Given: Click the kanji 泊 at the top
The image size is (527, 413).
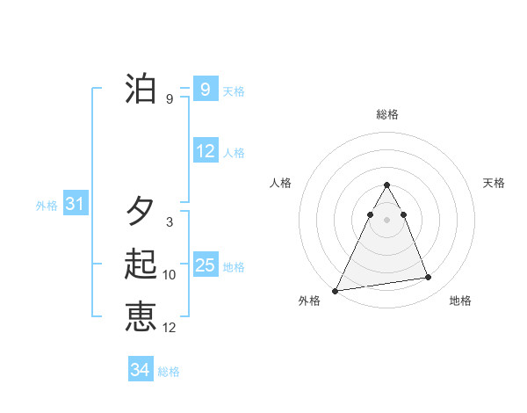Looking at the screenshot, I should point(141,89).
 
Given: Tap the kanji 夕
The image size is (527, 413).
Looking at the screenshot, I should point(141,212).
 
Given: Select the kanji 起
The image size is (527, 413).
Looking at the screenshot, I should point(141,264).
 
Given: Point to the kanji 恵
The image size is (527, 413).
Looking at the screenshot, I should point(141,317).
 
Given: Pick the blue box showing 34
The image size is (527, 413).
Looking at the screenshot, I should point(140,370).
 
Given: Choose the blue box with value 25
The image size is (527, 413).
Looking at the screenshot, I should point(205,265).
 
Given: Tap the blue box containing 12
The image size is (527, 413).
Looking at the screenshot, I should point(205,151).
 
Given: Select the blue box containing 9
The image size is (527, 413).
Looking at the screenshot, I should point(205,89).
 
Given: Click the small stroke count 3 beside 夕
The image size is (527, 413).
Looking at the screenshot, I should point(170,222).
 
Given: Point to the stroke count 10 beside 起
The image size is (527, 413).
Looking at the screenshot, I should point(170,275).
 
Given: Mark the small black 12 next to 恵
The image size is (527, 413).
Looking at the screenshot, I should point(170,328).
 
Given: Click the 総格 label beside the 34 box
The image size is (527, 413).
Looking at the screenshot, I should point(169,372).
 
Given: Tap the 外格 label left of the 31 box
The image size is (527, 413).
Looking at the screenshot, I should point(47,206).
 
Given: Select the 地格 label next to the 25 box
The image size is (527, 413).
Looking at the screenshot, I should point(235,267).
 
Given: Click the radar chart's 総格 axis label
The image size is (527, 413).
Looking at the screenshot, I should point(387,114).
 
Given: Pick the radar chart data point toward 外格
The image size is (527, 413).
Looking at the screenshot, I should point(336,291).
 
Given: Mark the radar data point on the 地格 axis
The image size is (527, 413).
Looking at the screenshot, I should point(428,278).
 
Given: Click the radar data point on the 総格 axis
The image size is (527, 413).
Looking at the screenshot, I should point(387,185).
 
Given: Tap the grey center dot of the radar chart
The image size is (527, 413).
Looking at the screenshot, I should point(387,220).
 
